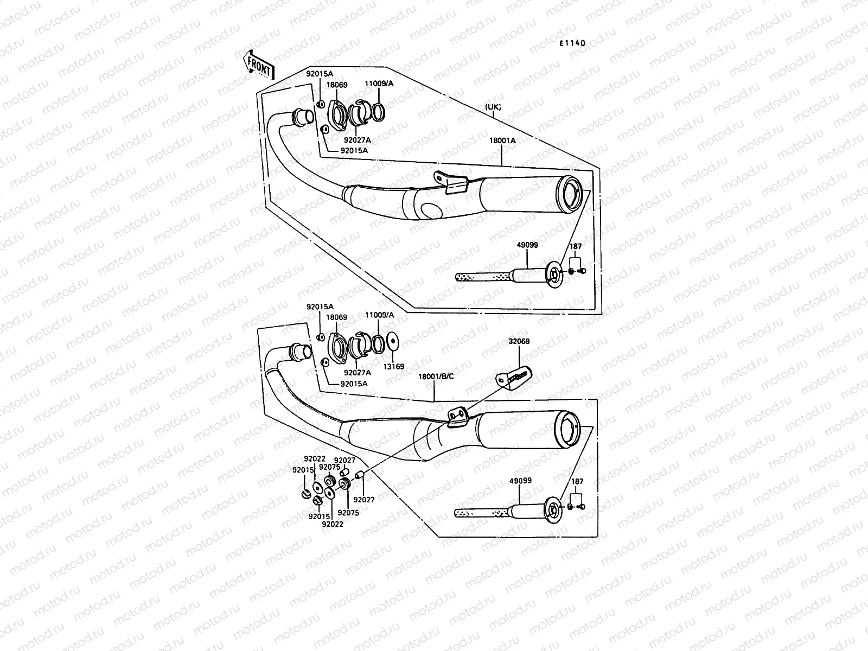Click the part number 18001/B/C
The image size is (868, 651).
[436, 376]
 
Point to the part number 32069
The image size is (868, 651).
[519, 342]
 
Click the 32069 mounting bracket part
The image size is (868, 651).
[513, 376]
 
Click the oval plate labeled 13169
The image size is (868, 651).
[393, 343]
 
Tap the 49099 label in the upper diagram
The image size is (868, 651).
[527, 245]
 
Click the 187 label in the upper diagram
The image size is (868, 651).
[576, 247]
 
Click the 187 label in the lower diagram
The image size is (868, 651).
[578, 481]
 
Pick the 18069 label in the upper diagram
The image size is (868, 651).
[337, 85]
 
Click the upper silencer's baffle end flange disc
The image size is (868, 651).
[554, 275]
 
